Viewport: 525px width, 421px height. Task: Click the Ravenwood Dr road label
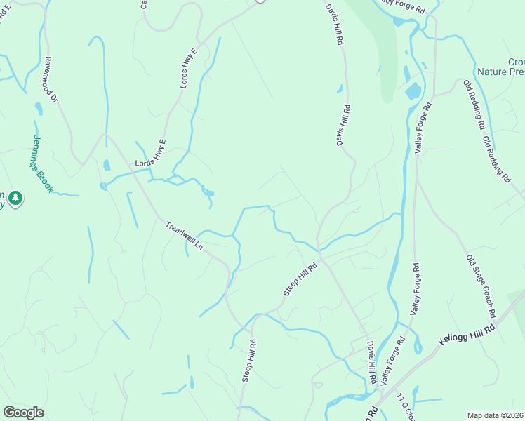[x=51, y=79]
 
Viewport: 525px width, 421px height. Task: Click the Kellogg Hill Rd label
[x=467, y=333]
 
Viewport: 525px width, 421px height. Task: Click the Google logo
[x=23, y=413]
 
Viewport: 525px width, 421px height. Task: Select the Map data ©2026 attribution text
[x=496, y=415]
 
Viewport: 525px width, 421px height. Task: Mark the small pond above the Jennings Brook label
[x=39, y=109]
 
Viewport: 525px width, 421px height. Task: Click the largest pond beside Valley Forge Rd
[x=413, y=91]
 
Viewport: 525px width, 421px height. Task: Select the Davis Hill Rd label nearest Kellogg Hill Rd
[x=370, y=361]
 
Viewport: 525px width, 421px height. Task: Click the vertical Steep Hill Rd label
[x=249, y=361]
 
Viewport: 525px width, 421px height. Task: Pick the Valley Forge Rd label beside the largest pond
[x=423, y=127]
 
